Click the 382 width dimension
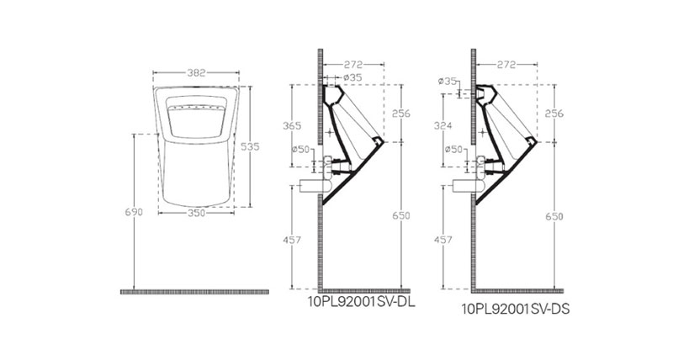click(196, 72)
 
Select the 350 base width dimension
click(196, 213)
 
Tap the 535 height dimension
click(250, 146)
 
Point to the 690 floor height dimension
click(134, 212)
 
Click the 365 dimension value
click(292, 125)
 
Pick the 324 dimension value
click(443, 125)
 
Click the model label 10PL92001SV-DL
click(362, 302)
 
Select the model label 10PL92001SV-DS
click(516, 309)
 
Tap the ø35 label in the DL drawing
click(352, 77)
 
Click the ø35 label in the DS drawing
click(448, 81)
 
